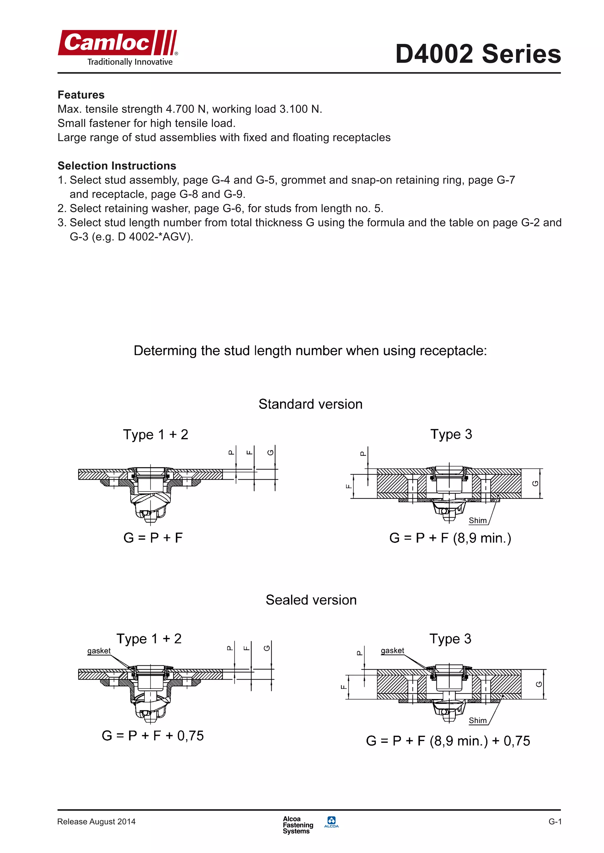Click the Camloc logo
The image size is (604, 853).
tap(118, 47)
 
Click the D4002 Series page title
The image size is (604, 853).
tap(478, 54)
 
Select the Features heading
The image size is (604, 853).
tap(81, 95)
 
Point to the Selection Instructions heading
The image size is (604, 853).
tap(117, 166)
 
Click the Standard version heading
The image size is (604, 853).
tap(310, 404)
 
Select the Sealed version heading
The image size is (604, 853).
tap(311, 600)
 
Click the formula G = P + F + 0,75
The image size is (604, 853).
tap(153, 735)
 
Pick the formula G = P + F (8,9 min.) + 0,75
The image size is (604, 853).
tap(448, 741)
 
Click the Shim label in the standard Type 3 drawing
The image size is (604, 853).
tap(477, 520)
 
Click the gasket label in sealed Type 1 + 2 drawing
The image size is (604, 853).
tap(99, 651)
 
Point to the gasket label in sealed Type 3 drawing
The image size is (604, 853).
tap(392, 650)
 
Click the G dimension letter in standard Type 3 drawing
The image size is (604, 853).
tap(535, 483)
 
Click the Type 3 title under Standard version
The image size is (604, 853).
tap(451, 434)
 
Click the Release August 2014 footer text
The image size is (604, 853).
tap(96, 822)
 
